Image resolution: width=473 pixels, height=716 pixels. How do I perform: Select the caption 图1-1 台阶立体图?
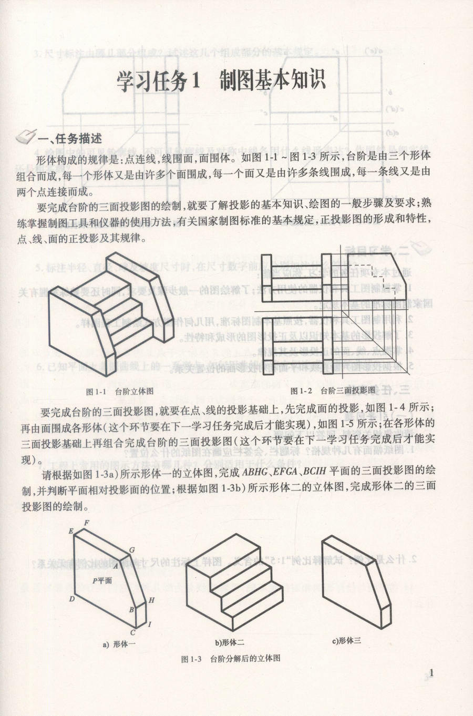pos(120,391)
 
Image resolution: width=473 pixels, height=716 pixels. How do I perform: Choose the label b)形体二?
pos(229,642)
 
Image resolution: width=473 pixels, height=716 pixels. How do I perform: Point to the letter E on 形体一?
pos(70,531)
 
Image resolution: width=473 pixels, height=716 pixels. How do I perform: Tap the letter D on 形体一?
pos(71,599)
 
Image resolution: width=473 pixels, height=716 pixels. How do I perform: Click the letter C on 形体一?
pos(133,632)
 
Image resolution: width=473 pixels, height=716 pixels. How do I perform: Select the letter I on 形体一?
pos(150,624)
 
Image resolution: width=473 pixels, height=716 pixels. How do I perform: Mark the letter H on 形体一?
pos(151,600)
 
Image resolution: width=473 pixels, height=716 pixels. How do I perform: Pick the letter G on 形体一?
pos(132,550)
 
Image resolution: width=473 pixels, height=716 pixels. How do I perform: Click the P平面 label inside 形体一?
pos(102,580)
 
